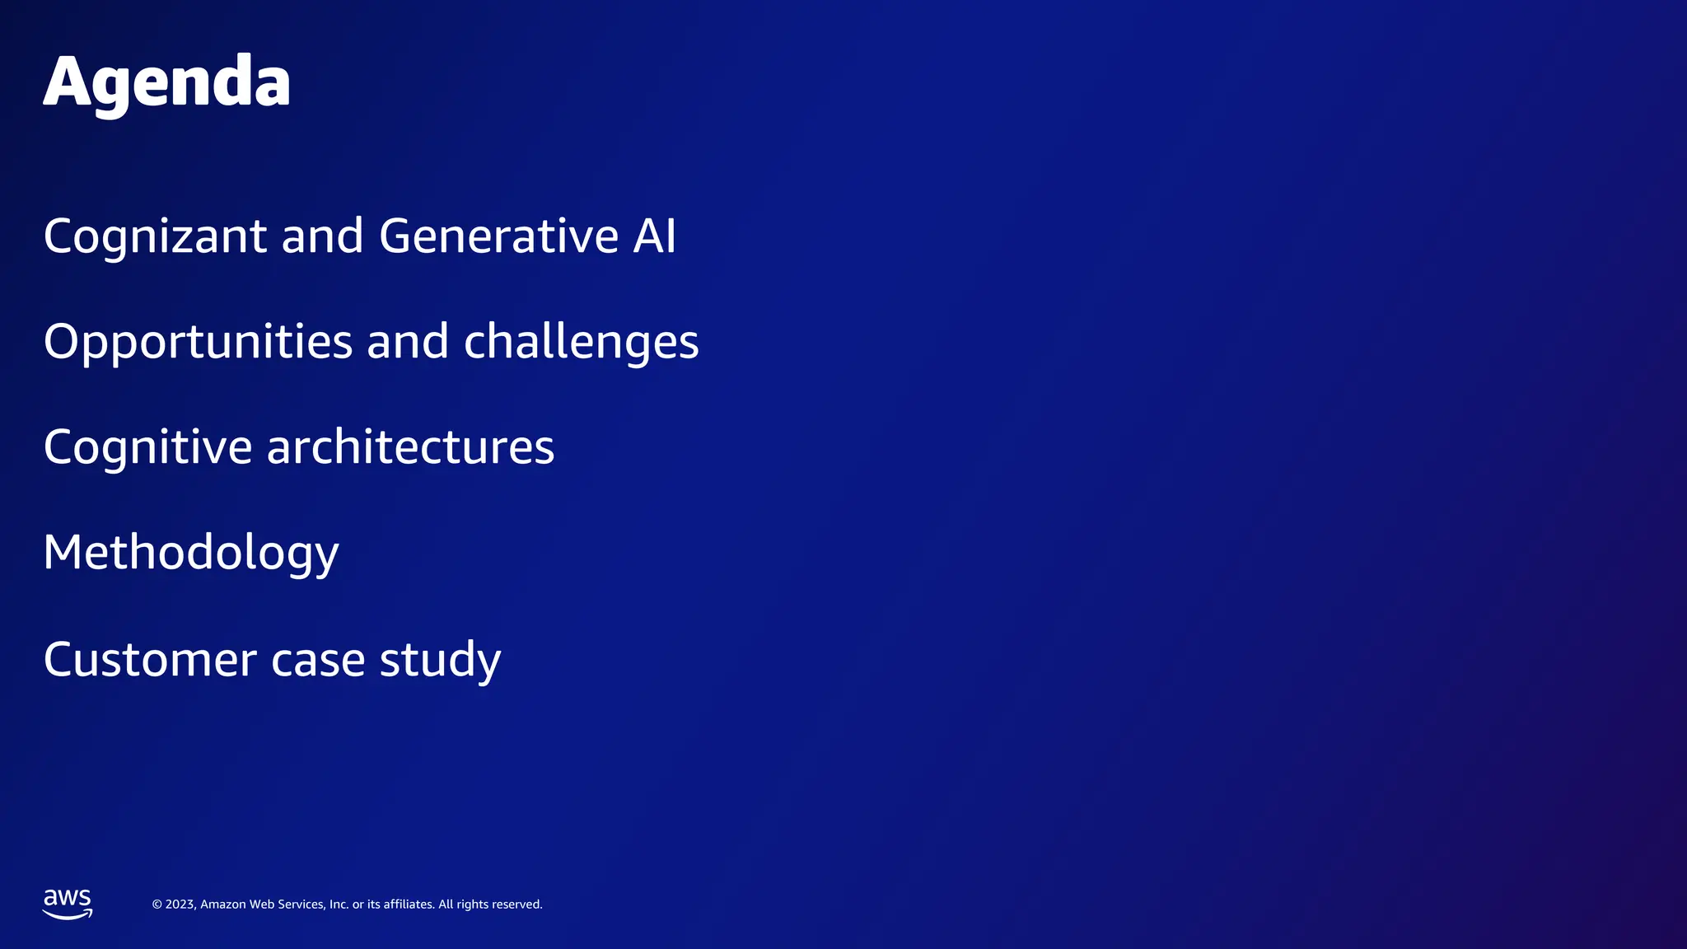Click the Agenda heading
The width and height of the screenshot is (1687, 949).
(x=166, y=82)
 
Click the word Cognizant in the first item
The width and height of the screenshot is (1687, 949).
(x=155, y=236)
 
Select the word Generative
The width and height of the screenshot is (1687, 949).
(x=498, y=236)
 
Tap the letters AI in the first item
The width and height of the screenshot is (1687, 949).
(x=654, y=236)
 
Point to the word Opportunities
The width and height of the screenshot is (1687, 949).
(x=198, y=342)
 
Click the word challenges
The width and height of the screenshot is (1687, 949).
(x=581, y=342)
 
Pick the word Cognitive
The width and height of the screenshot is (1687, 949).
(x=147, y=447)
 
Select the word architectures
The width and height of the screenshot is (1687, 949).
(x=410, y=447)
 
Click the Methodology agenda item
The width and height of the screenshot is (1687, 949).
(x=191, y=553)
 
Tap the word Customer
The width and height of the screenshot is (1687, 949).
(x=150, y=660)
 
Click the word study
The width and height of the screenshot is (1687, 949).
(x=440, y=660)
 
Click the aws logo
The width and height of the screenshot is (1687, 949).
(x=68, y=904)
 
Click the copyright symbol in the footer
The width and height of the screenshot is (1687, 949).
(x=157, y=905)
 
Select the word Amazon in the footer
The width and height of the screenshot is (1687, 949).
(x=223, y=905)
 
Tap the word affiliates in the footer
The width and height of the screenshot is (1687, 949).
(x=409, y=905)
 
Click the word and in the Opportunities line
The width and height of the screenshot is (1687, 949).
(x=408, y=342)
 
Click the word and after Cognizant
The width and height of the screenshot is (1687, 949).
(x=322, y=236)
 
